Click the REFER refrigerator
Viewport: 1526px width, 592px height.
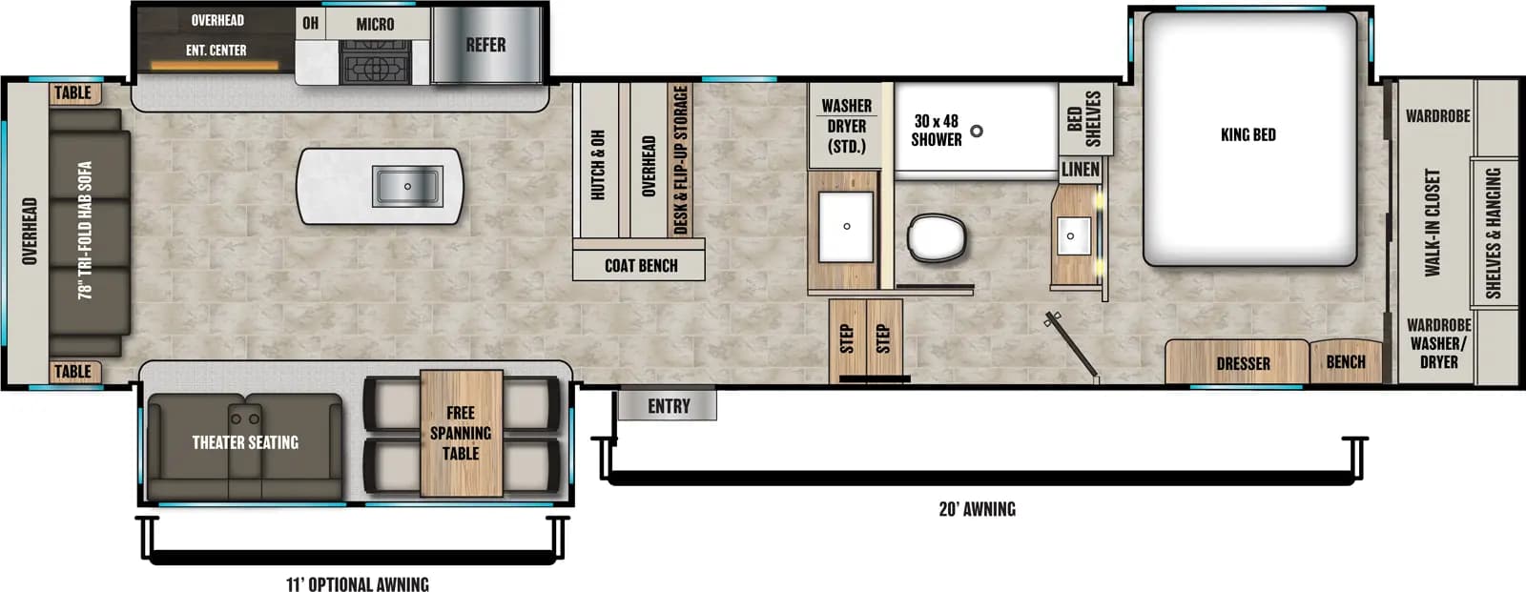[x=486, y=45]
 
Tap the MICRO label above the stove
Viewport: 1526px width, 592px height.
[x=375, y=24]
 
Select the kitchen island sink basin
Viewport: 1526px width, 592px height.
[x=407, y=186]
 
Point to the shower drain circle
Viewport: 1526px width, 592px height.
[x=977, y=132]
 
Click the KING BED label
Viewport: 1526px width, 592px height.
[x=1248, y=134]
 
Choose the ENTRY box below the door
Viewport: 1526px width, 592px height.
[x=668, y=406]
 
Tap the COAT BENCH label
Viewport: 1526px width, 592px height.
[x=641, y=266]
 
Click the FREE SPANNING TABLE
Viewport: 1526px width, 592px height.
[x=461, y=433]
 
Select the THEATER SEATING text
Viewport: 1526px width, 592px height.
[x=245, y=442]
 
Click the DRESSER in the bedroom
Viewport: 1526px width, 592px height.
[x=1242, y=363]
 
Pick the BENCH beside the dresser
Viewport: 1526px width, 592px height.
[x=1345, y=362]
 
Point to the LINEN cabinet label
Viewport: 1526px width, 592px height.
[x=1081, y=170]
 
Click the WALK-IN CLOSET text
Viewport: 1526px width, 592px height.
[x=1433, y=223]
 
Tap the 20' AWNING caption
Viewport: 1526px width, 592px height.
[x=977, y=509]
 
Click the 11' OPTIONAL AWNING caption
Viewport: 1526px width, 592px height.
[x=358, y=583]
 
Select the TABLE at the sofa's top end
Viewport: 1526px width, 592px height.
[x=73, y=92]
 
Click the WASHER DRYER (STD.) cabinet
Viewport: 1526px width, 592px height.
[x=846, y=126]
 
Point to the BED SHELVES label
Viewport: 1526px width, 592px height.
[x=1084, y=118]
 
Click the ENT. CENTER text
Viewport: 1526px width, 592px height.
[x=217, y=50]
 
